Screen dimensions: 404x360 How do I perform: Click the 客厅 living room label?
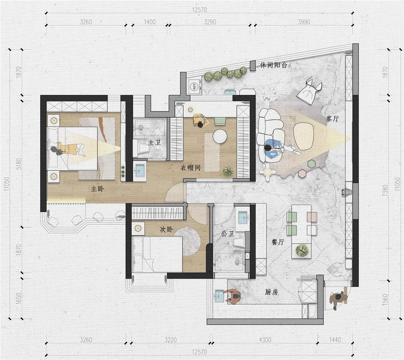tap(332, 119)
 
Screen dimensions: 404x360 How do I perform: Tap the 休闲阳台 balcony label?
tap(274, 65)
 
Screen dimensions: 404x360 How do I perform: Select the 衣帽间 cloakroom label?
tap(190, 168)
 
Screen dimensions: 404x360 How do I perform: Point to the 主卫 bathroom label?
tap(155, 142)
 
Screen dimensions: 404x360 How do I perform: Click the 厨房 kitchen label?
tap(272, 292)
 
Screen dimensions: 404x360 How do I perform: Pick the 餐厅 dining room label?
tap(278, 242)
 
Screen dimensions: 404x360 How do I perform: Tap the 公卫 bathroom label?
tap(228, 234)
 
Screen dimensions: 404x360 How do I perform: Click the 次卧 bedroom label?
tap(167, 229)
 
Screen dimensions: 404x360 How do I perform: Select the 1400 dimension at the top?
tap(150, 22)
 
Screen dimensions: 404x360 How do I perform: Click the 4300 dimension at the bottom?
tap(265, 340)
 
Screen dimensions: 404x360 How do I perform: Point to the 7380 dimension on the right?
tap(385, 191)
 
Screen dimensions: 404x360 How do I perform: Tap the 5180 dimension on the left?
tap(19, 164)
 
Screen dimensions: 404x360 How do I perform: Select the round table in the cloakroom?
tap(220, 135)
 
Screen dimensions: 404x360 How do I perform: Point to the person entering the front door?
tap(338, 299)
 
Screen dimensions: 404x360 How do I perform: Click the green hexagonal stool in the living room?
tap(312, 164)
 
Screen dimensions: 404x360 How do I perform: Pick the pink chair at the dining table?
tap(312, 217)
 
